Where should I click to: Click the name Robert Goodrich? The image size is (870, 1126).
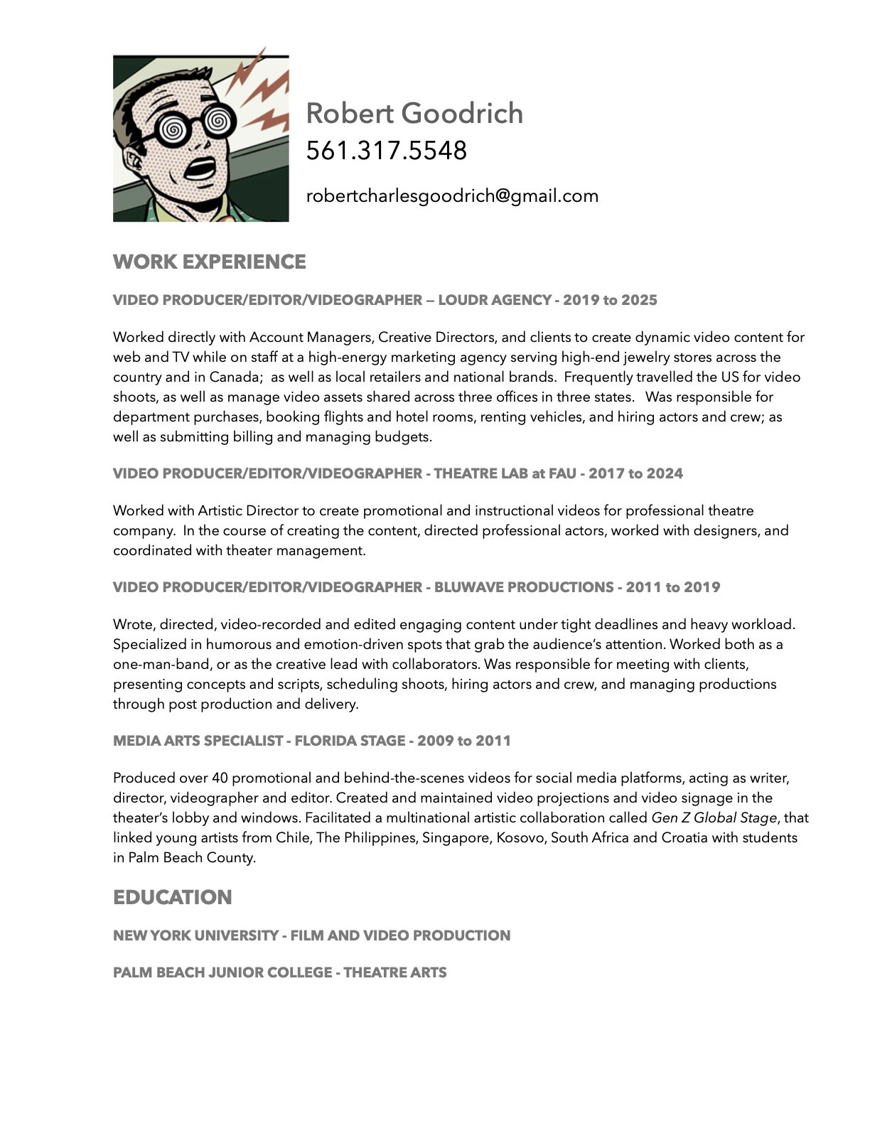[414, 114]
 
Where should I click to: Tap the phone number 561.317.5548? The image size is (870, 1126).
[386, 151]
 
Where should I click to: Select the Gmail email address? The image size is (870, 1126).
[452, 196]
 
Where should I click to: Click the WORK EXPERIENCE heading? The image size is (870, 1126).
[209, 262]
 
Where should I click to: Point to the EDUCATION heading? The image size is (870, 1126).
[172, 897]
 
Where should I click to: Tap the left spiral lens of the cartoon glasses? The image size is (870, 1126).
[171, 129]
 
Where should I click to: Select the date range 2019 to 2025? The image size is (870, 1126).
[610, 300]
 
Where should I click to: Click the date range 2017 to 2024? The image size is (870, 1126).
[635, 473]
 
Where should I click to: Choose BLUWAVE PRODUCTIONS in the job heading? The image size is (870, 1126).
[524, 587]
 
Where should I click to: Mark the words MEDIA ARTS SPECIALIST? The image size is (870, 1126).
[198, 741]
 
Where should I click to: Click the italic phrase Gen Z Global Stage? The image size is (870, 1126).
[714, 818]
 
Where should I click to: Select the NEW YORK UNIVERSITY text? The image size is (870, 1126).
[195, 935]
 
